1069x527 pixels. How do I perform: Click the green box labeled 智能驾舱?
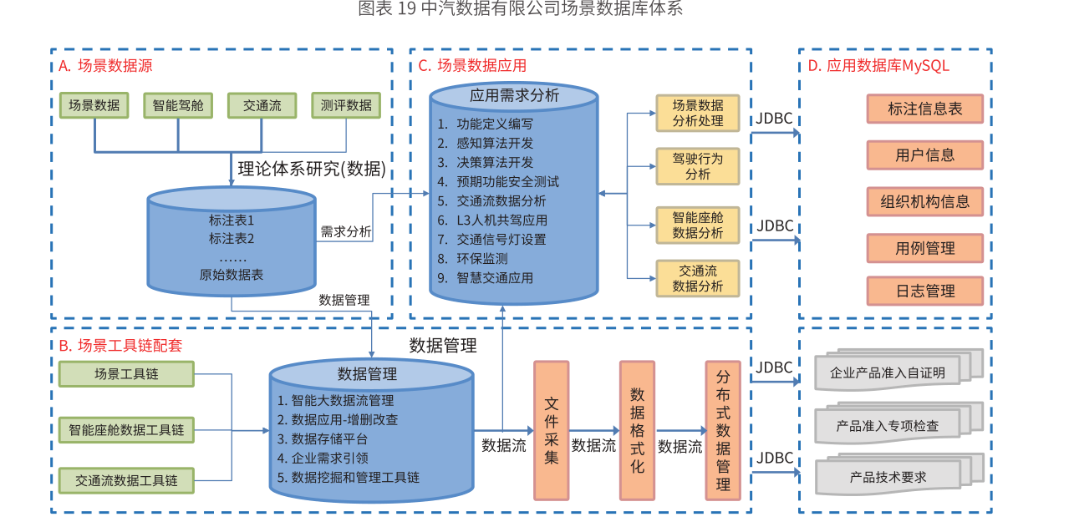point(178,105)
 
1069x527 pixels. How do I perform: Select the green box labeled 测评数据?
point(346,105)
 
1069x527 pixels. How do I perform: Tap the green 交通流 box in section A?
point(262,105)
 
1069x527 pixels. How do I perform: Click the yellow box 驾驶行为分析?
point(698,166)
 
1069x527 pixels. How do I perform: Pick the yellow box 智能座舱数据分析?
point(698,225)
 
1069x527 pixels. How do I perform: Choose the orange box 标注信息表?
point(924,109)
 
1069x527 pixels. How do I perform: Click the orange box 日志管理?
point(924,291)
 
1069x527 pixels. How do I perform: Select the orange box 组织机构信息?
point(924,201)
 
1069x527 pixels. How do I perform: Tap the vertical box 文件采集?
point(552,430)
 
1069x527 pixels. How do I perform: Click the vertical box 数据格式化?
point(637,430)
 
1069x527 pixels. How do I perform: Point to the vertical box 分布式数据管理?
point(723,430)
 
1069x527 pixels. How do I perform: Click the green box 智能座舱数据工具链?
point(126,430)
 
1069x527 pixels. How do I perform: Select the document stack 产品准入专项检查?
point(888,425)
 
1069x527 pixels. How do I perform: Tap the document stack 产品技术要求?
point(888,477)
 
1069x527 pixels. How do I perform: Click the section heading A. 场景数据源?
point(105,66)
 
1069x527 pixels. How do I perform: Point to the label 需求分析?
point(346,232)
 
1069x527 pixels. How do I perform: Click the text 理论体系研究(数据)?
point(311,170)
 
